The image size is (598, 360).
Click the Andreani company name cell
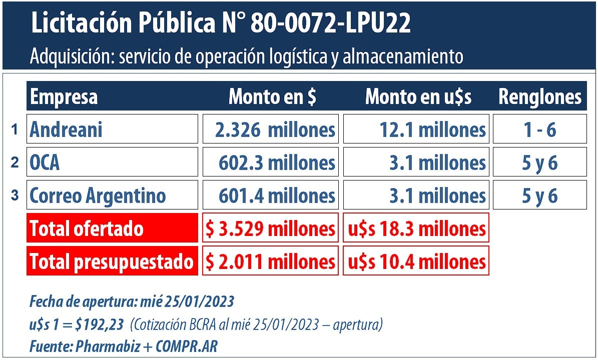(112, 129)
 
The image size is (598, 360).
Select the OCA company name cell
(112, 162)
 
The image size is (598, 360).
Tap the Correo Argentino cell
(112, 195)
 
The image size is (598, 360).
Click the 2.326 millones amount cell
(270, 129)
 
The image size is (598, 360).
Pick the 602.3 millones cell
(270, 162)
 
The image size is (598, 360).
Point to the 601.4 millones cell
(270, 195)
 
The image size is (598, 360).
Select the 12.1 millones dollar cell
(416, 129)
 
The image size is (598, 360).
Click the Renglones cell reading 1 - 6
(539, 129)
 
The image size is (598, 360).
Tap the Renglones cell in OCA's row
(539, 162)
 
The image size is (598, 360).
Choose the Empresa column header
(64, 96)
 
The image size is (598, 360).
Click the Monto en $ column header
(272, 96)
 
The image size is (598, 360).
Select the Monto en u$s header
(418, 96)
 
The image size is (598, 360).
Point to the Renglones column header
(540, 96)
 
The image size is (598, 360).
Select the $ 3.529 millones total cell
(270, 228)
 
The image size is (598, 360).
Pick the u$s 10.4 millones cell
(416, 261)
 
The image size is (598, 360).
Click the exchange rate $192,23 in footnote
(100, 325)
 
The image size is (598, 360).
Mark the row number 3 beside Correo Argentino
(15, 195)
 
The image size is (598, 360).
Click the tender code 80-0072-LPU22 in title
(330, 24)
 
